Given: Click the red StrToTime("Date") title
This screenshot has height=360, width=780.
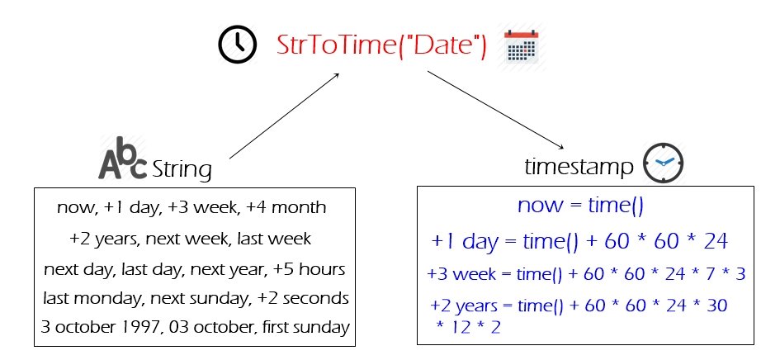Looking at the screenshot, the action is [381, 45].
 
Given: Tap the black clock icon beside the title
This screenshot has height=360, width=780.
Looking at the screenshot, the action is [237, 45].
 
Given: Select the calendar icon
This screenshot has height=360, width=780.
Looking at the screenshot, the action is [522, 47].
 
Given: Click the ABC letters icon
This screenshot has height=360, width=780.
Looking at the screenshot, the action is [122, 158].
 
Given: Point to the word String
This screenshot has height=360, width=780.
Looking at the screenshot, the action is [182, 170].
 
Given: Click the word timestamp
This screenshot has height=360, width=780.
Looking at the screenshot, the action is [579, 167].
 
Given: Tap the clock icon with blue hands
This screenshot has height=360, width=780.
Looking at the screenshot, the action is [663, 163].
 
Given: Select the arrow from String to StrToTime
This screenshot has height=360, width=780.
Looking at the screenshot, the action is [285, 116].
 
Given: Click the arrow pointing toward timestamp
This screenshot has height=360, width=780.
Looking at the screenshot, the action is [495, 110].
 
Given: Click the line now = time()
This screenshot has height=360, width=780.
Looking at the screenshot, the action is [580, 205].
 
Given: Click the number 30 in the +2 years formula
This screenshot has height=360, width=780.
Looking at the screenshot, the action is [716, 306].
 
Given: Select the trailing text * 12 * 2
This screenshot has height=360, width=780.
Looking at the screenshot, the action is [468, 327].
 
